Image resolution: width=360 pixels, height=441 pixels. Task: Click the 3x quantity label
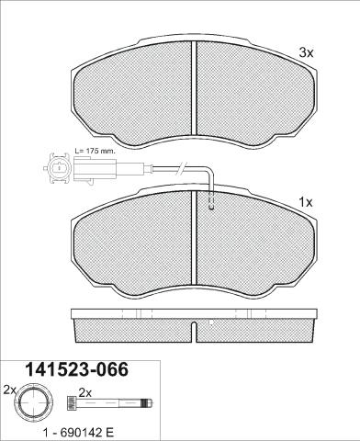point(306,53)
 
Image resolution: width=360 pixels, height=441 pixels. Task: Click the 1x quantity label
point(306,202)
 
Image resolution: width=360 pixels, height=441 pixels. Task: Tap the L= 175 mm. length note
point(96,151)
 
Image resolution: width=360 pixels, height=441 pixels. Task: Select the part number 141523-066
point(76,369)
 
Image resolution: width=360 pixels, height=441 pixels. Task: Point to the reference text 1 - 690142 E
point(78,433)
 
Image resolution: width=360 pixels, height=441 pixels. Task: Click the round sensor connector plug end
point(57,168)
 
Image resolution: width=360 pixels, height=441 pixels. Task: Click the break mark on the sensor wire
point(181,168)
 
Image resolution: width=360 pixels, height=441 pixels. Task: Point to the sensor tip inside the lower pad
point(211,201)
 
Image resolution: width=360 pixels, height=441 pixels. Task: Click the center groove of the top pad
point(194,88)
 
